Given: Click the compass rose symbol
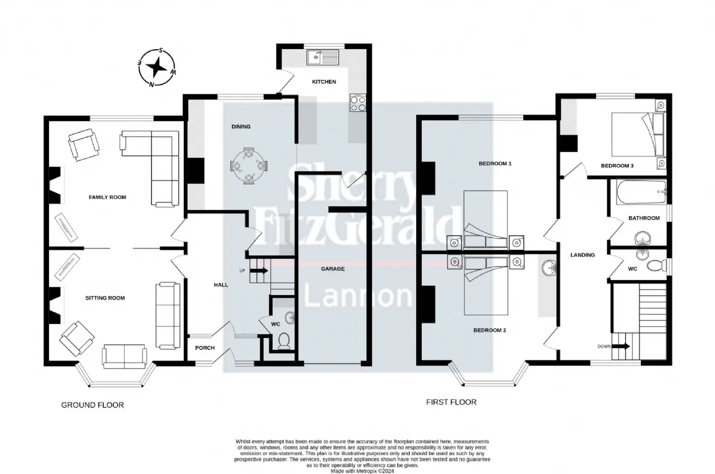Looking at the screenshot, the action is [157, 68].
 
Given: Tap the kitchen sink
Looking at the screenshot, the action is [323, 58].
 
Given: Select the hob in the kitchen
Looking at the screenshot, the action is [358, 102].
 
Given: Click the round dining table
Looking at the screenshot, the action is [249, 166].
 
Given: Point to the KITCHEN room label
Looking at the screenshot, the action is [324, 82].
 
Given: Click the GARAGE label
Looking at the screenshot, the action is [332, 269].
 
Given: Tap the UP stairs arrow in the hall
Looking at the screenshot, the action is [259, 271].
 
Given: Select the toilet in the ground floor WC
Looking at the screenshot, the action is [283, 342].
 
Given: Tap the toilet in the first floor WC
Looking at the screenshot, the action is [657, 265].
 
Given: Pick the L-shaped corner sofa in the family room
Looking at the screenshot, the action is [151, 167].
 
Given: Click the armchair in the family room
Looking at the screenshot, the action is [84, 145].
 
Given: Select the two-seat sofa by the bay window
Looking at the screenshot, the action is [124, 356].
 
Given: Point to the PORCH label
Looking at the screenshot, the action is [205, 348].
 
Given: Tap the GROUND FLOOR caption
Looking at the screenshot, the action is [93, 405].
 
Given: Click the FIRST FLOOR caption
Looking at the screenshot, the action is [451, 402].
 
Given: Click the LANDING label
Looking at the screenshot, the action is [583, 255].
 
